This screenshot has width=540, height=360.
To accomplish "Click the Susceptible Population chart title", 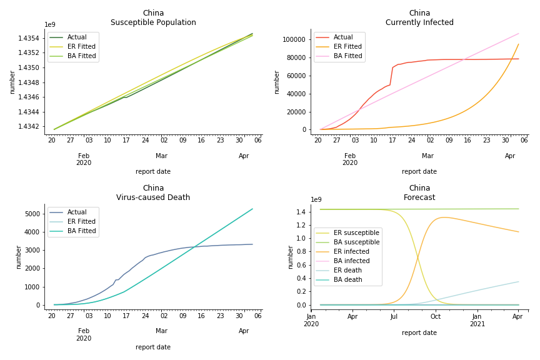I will tap(153, 22).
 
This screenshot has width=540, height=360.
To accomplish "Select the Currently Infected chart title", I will tap(419, 22).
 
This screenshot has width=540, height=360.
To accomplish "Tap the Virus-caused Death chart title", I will tap(153, 197).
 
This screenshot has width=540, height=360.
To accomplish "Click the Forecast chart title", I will tap(419, 197).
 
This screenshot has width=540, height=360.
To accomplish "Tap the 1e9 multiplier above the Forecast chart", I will tap(317, 200).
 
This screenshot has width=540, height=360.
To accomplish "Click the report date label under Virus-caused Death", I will tap(153, 347).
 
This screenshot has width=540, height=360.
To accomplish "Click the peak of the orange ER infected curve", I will tap(442, 217).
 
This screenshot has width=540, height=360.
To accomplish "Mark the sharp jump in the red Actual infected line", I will tap(392, 76).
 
